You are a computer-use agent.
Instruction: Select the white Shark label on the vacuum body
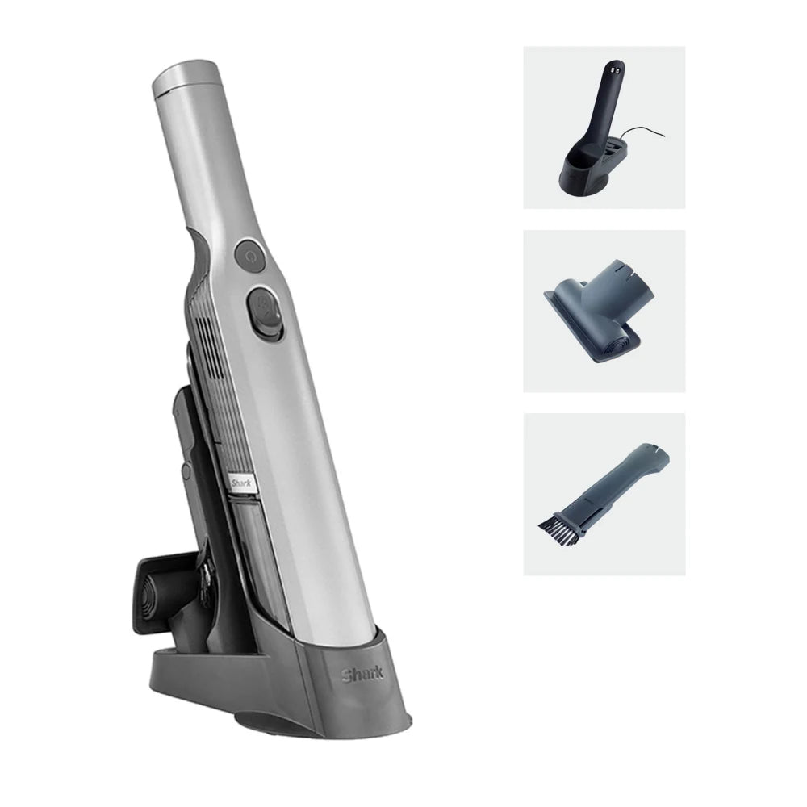tap(240, 482)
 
